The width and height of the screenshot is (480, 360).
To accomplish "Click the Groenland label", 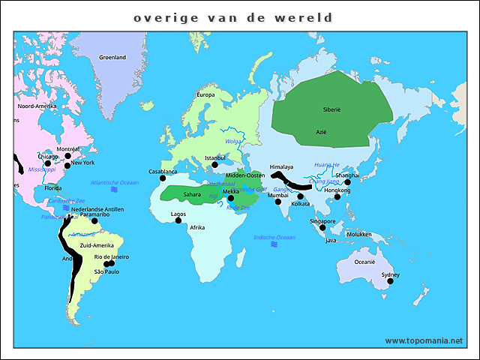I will click(112, 58).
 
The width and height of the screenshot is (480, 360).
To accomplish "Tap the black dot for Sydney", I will click(390, 281).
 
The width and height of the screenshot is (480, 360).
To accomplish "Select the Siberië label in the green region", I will click(331, 109).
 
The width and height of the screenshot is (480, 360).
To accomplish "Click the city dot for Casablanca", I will click(163, 178).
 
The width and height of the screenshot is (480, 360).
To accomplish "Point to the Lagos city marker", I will click(178, 220).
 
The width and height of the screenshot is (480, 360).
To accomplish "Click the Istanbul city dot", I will click(215, 165).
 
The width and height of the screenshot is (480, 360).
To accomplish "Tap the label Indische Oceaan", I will click(274, 237).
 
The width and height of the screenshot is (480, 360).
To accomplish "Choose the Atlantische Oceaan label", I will click(115, 182).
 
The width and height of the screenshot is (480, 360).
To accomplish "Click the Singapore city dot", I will click(322, 227).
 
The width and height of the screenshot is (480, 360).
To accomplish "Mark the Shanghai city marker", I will click(347, 181).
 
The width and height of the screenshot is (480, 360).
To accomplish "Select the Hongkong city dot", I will click(337, 196).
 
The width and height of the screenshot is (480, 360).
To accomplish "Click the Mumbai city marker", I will click(277, 202).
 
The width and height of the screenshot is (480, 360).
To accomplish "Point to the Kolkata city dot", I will click(300, 196).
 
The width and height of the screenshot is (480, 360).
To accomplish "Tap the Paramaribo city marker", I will click(94, 220).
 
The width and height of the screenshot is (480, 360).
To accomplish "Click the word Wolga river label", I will click(233, 141).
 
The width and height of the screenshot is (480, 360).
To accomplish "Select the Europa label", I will click(205, 94).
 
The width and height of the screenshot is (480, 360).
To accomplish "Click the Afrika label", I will click(197, 227).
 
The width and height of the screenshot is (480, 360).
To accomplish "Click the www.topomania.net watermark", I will click(424, 340).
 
